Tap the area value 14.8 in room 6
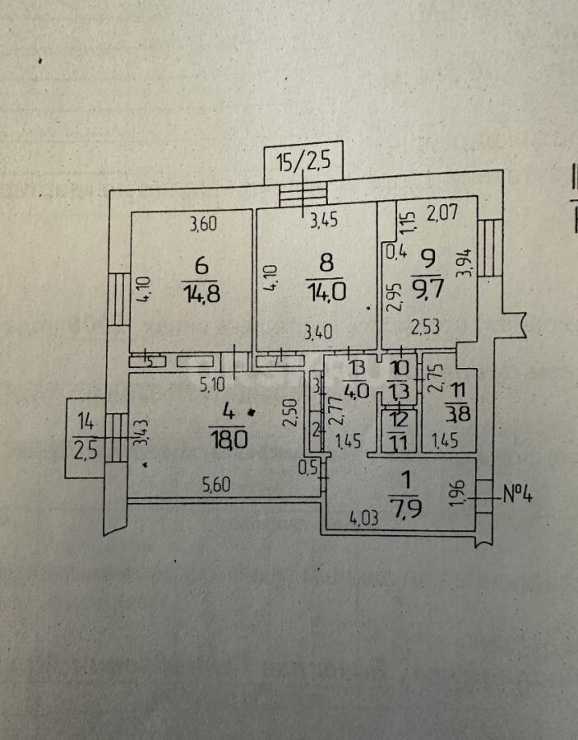pyautogui.click(x=202, y=292)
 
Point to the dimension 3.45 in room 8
pyautogui.click(x=323, y=221)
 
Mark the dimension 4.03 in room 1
pyautogui.click(x=364, y=519)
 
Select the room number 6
pyautogui.click(x=201, y=265)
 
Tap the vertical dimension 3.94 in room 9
pyautogui.click(x=468, y=264)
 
